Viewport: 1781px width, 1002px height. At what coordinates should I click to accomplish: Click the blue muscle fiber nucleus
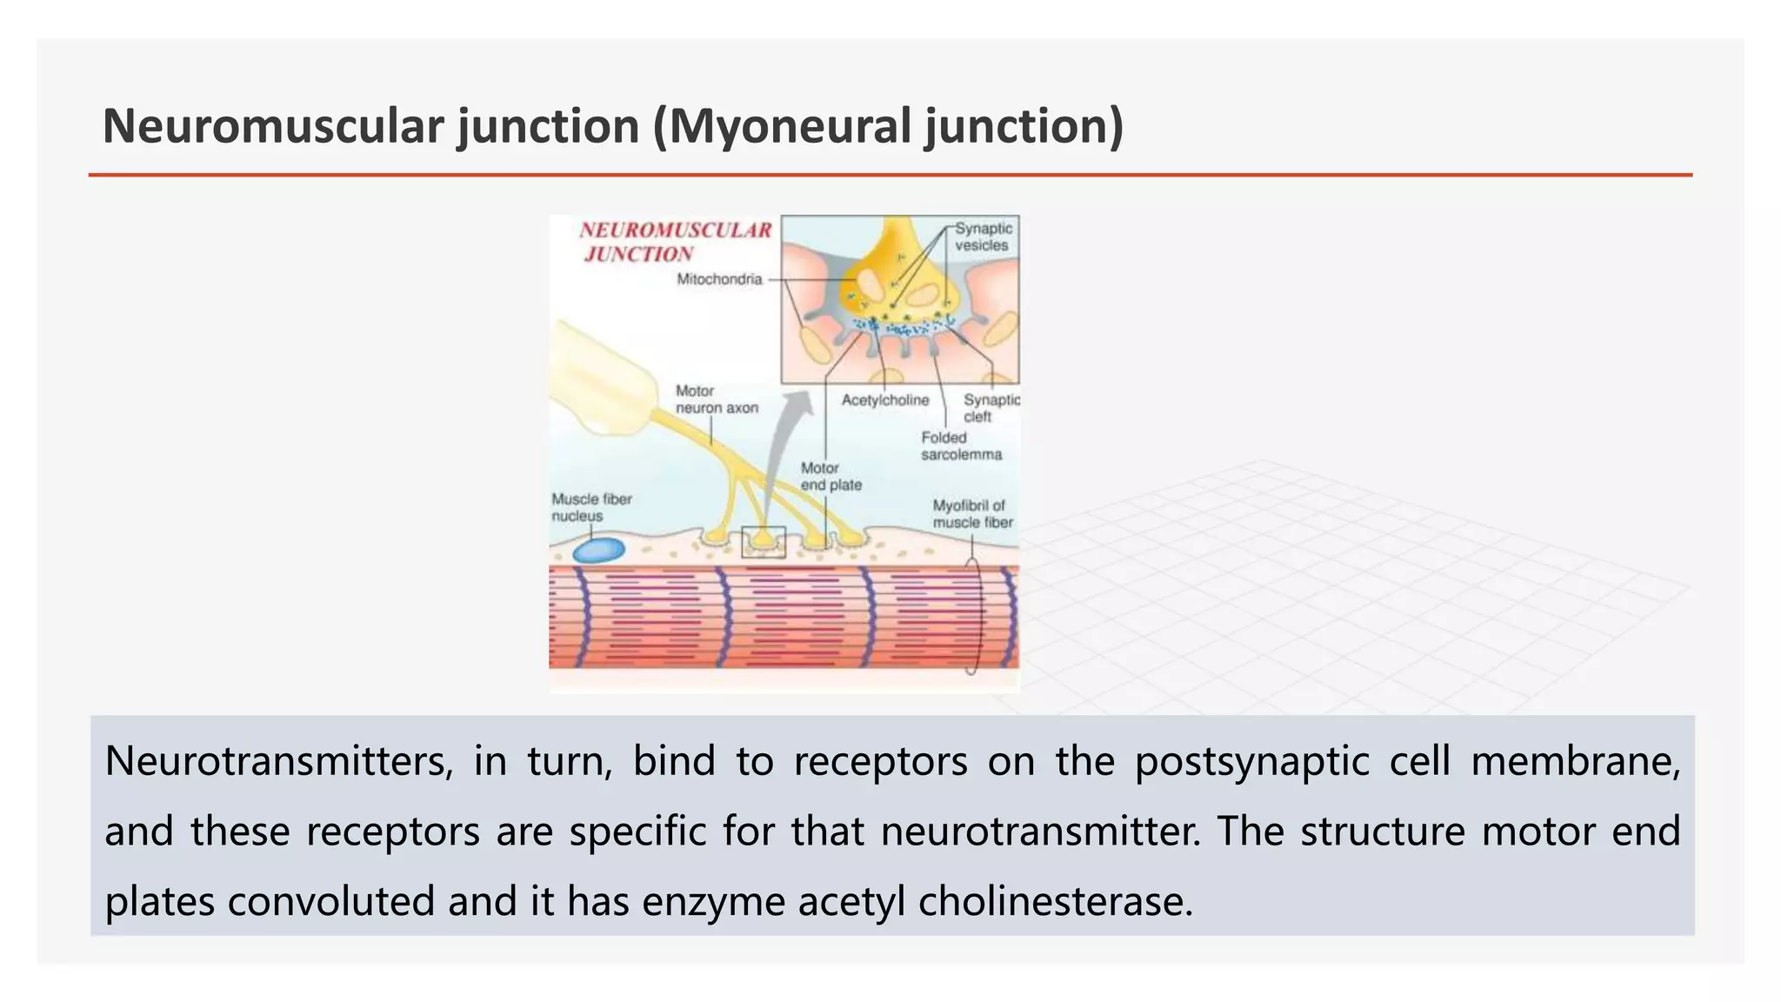(599, 551)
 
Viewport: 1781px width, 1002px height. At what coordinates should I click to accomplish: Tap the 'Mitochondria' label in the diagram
(719, 279)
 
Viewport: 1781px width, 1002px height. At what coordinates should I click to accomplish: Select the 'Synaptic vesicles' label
(983, 237)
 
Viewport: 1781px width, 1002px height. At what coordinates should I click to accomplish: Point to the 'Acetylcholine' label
(884, 400)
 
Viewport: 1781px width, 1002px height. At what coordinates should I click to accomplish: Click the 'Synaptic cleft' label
(991, 408)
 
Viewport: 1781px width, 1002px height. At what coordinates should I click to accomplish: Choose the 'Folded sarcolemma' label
(961, 446)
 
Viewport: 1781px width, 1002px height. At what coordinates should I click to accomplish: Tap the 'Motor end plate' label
(830, 477)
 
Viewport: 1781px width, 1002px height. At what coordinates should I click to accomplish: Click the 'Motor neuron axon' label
(717, 399)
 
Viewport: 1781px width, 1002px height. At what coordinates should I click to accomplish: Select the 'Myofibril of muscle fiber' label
(972, 514)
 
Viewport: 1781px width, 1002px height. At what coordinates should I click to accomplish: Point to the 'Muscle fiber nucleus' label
(591, 507)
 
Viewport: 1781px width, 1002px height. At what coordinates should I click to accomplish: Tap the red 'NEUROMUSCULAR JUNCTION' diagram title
(675, 242)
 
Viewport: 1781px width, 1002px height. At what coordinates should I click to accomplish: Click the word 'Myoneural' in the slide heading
(786, 126)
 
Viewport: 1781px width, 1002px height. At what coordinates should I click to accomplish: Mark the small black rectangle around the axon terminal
(763, 542)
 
